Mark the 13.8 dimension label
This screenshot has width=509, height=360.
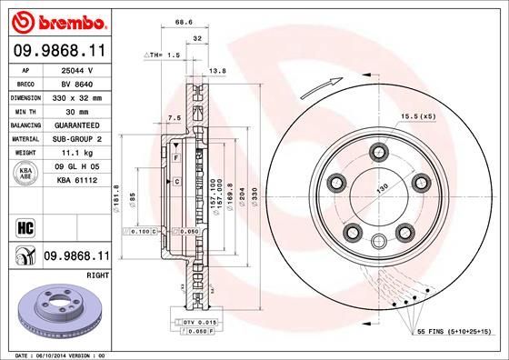[x=217, y=70]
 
